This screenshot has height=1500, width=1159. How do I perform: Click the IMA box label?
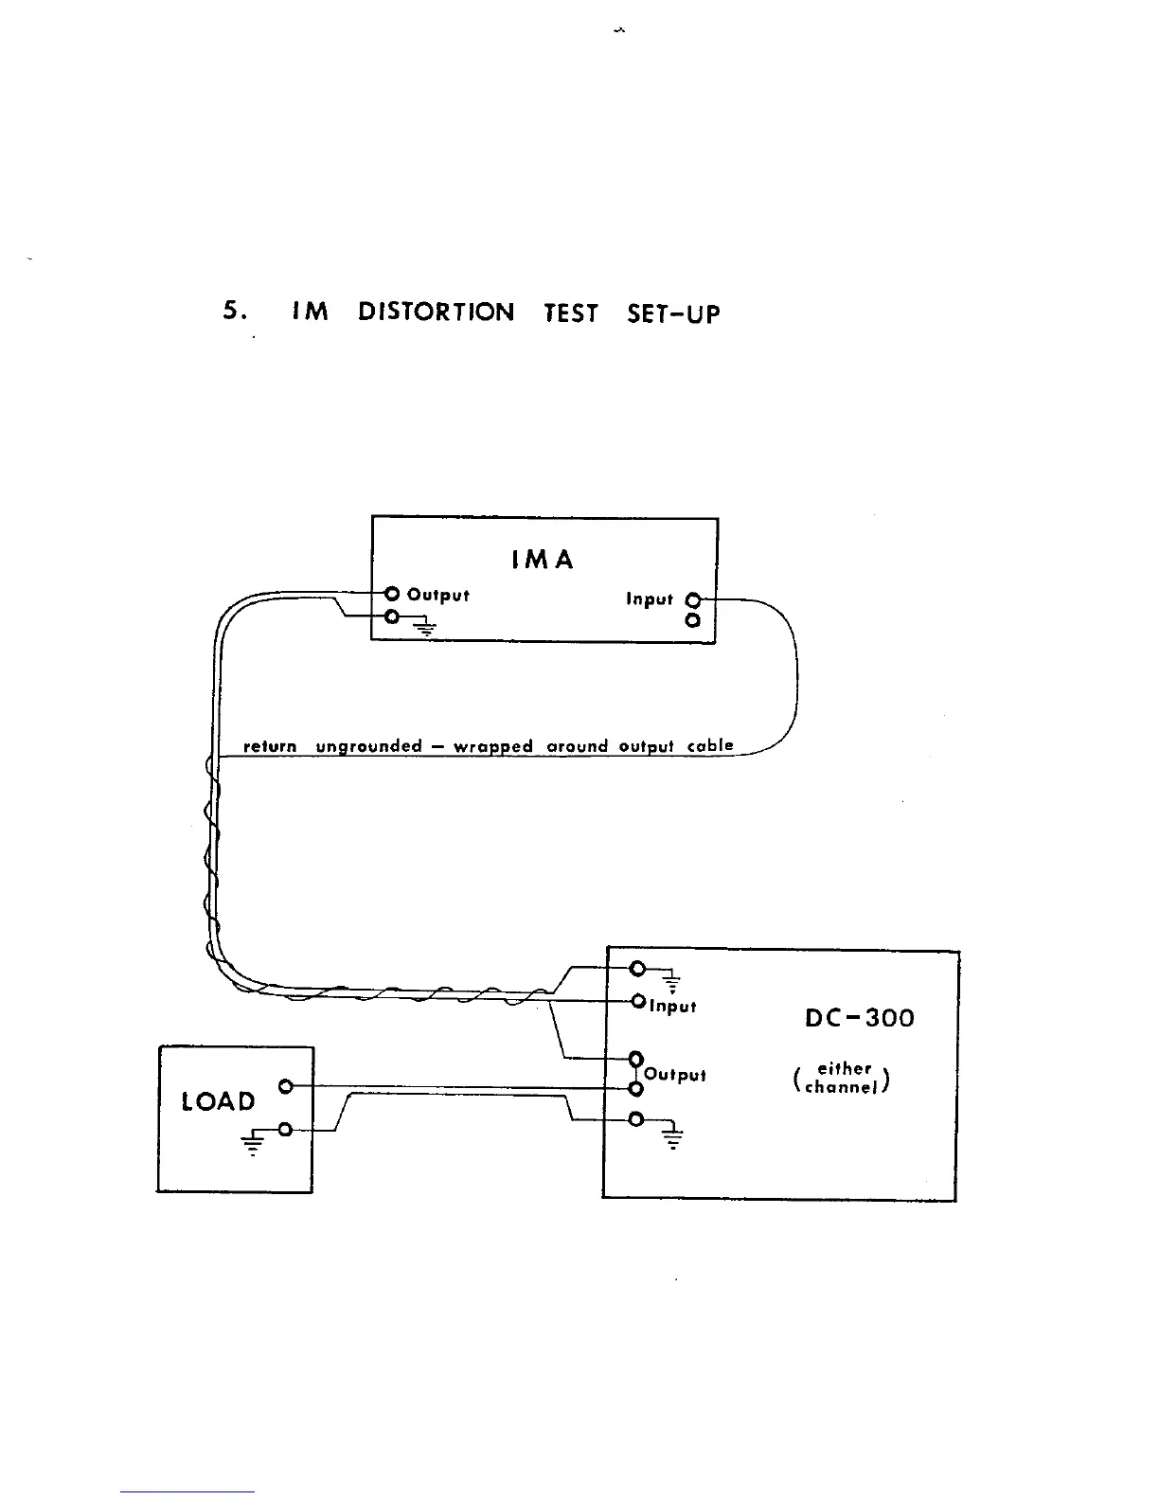point(543,560)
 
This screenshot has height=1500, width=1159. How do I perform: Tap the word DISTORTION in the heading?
point(437,312)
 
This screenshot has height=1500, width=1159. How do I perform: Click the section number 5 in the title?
point(229,312)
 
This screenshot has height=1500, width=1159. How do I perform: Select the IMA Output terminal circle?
point(392,594)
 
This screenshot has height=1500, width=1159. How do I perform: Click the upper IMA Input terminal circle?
point(693,599)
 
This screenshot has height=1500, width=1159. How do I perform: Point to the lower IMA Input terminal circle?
point(693,621)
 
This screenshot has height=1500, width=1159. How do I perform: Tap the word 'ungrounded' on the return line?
point(368,746)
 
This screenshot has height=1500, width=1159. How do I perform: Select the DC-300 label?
point(860,1019)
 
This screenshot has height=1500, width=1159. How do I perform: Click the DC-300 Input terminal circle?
point(638,1001)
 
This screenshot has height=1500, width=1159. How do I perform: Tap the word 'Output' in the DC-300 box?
point(675,1075)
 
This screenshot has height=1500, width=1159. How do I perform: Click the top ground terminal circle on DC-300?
point(637,969)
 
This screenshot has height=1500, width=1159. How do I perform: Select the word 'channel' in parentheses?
point(841,1087)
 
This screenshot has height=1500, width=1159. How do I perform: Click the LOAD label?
point(219,1101)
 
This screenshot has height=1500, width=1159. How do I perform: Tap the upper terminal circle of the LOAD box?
point(284,1086)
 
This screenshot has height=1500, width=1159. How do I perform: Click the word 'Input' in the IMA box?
point(650,599)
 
